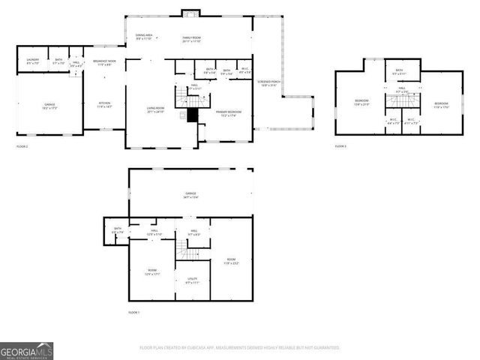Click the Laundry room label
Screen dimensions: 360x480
pyautogui.click(x=32, y=61)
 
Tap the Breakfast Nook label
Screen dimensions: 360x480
pyautogui.click(x=104, y=62)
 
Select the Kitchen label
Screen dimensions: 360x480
pyautogui.click(x=104, y=106)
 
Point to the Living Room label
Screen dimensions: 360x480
pyautogui.click(x=155, y=110)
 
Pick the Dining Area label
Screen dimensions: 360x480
pyautogui.click(x=144, y=37)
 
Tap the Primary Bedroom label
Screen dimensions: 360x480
pyautogui.click(x=229, y=113)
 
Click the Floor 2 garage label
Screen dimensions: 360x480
pyautogui.click(x=49, y=107)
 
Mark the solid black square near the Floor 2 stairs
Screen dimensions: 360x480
pyautogui.click(x=192, y=115)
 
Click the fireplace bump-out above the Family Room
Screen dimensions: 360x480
pyautogui.click(x=191, y=13)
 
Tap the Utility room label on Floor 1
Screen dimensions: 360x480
pyautogui.click(x=192, y=280)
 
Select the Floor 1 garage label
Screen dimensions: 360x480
pyautogui.click(x=191, y=196)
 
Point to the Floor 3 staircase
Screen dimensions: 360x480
pyautogui.click(x=402, y=103)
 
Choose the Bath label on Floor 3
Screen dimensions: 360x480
pyautogui.click(x=400, y=72)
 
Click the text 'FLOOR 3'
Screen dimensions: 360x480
pyautogui.click(x=340, y=145)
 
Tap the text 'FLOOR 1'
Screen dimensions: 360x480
pyautogui.click(x=133, y=311)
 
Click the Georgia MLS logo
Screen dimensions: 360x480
pyautogui.click(x=26, y=351)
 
